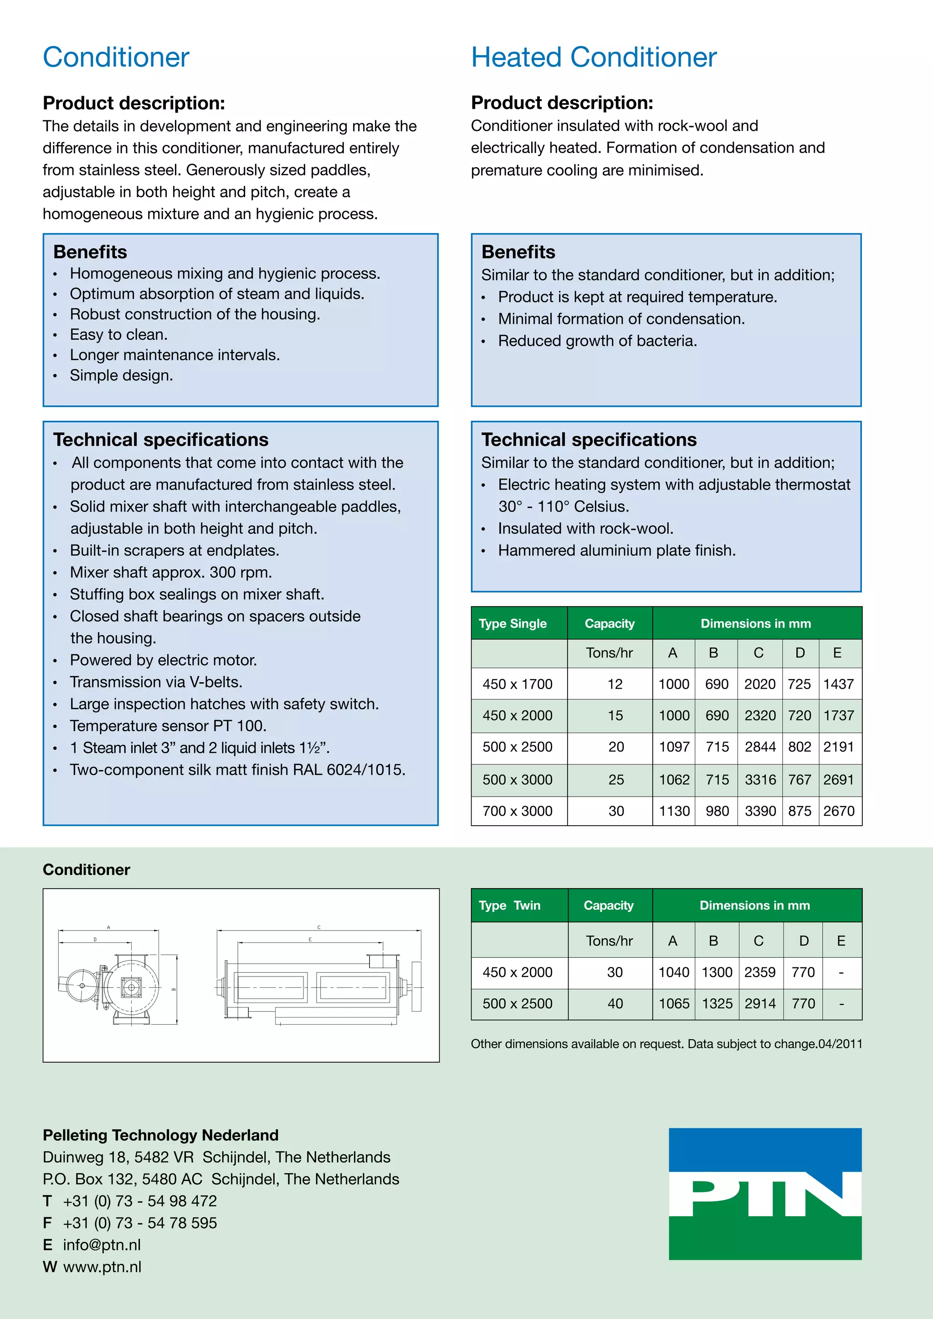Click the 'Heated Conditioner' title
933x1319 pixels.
pyautogui.click(x=594, y=57)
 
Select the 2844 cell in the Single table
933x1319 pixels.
pyautogui.click(x=759, y=747)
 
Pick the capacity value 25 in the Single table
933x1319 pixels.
pyautogui.click(x=616, y=780)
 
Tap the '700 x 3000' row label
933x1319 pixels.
pyautogui.click(x=517, y=811)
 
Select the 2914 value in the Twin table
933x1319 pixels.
pyautogui.click(x=759, y=1004)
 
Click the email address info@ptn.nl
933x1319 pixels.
pyautogui.click(x=102, y=1245)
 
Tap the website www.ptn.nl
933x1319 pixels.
pyautogui.click(x=102, y=1267)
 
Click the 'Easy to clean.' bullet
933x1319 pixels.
pyautogui.click(x=118, y=334)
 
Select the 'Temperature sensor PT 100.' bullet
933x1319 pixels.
pyautogui.click(x=168, y=726)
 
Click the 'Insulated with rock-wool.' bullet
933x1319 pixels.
pyautogui.click(x=585, y=528)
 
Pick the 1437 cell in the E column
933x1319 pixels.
pyautogui.click(x=838, y=684)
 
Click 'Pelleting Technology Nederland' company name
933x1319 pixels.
pyautogui.click(x=160, y=1135)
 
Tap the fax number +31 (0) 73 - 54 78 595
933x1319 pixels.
pyautogui.click(x=139, y=1223)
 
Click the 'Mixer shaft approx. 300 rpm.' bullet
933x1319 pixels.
pyautogui.click(x=171, y=572)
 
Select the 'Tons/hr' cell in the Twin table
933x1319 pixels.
pyautogui.click(x=609, y=941)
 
